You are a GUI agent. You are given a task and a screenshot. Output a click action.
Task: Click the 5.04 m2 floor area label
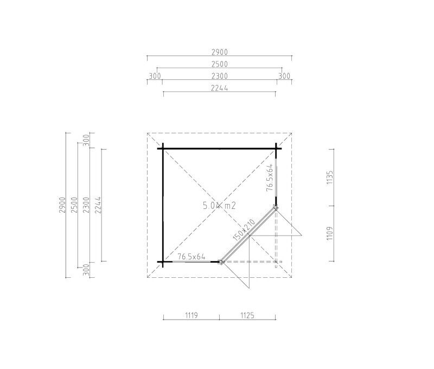(219, 206)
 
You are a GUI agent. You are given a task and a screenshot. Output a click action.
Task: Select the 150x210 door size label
(244, 230)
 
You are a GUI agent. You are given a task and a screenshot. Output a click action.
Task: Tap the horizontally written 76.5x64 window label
(192, 257)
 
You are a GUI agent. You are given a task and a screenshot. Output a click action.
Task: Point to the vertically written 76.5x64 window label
(270, 178)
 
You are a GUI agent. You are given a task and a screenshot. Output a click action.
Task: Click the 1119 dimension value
(192, 315)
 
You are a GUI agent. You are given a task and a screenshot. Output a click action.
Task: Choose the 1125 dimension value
(247, 315)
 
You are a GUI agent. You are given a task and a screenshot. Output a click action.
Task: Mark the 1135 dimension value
(330, 177)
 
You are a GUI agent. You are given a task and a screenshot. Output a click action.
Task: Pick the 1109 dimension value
(330, 234)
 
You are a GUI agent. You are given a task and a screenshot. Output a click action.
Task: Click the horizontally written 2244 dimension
(220, 88)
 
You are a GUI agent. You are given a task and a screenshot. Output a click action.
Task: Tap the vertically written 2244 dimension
(98, 205)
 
